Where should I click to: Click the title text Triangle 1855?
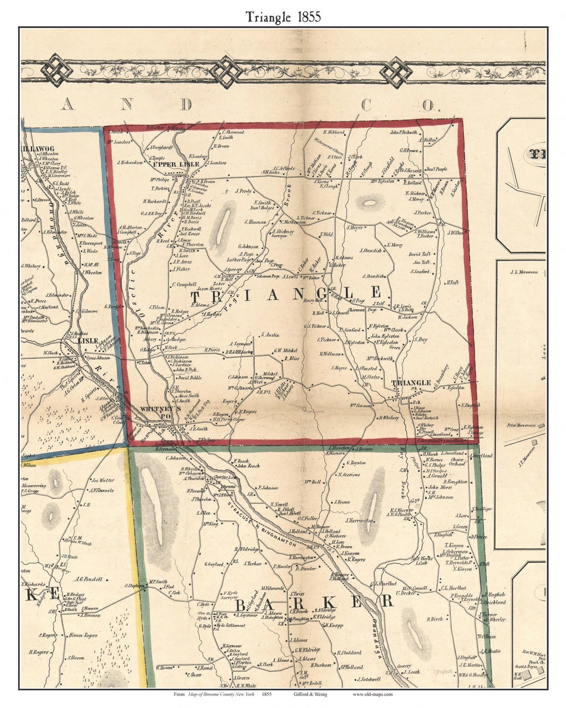(x=284, y=17)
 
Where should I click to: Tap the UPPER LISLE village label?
(x=176, y=164)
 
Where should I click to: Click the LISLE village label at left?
(x=84, y=340)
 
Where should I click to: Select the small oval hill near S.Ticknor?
(x=370, y=202)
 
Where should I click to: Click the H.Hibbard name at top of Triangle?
(x=333, y=133)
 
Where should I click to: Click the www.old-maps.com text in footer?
(x=372, y=694)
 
